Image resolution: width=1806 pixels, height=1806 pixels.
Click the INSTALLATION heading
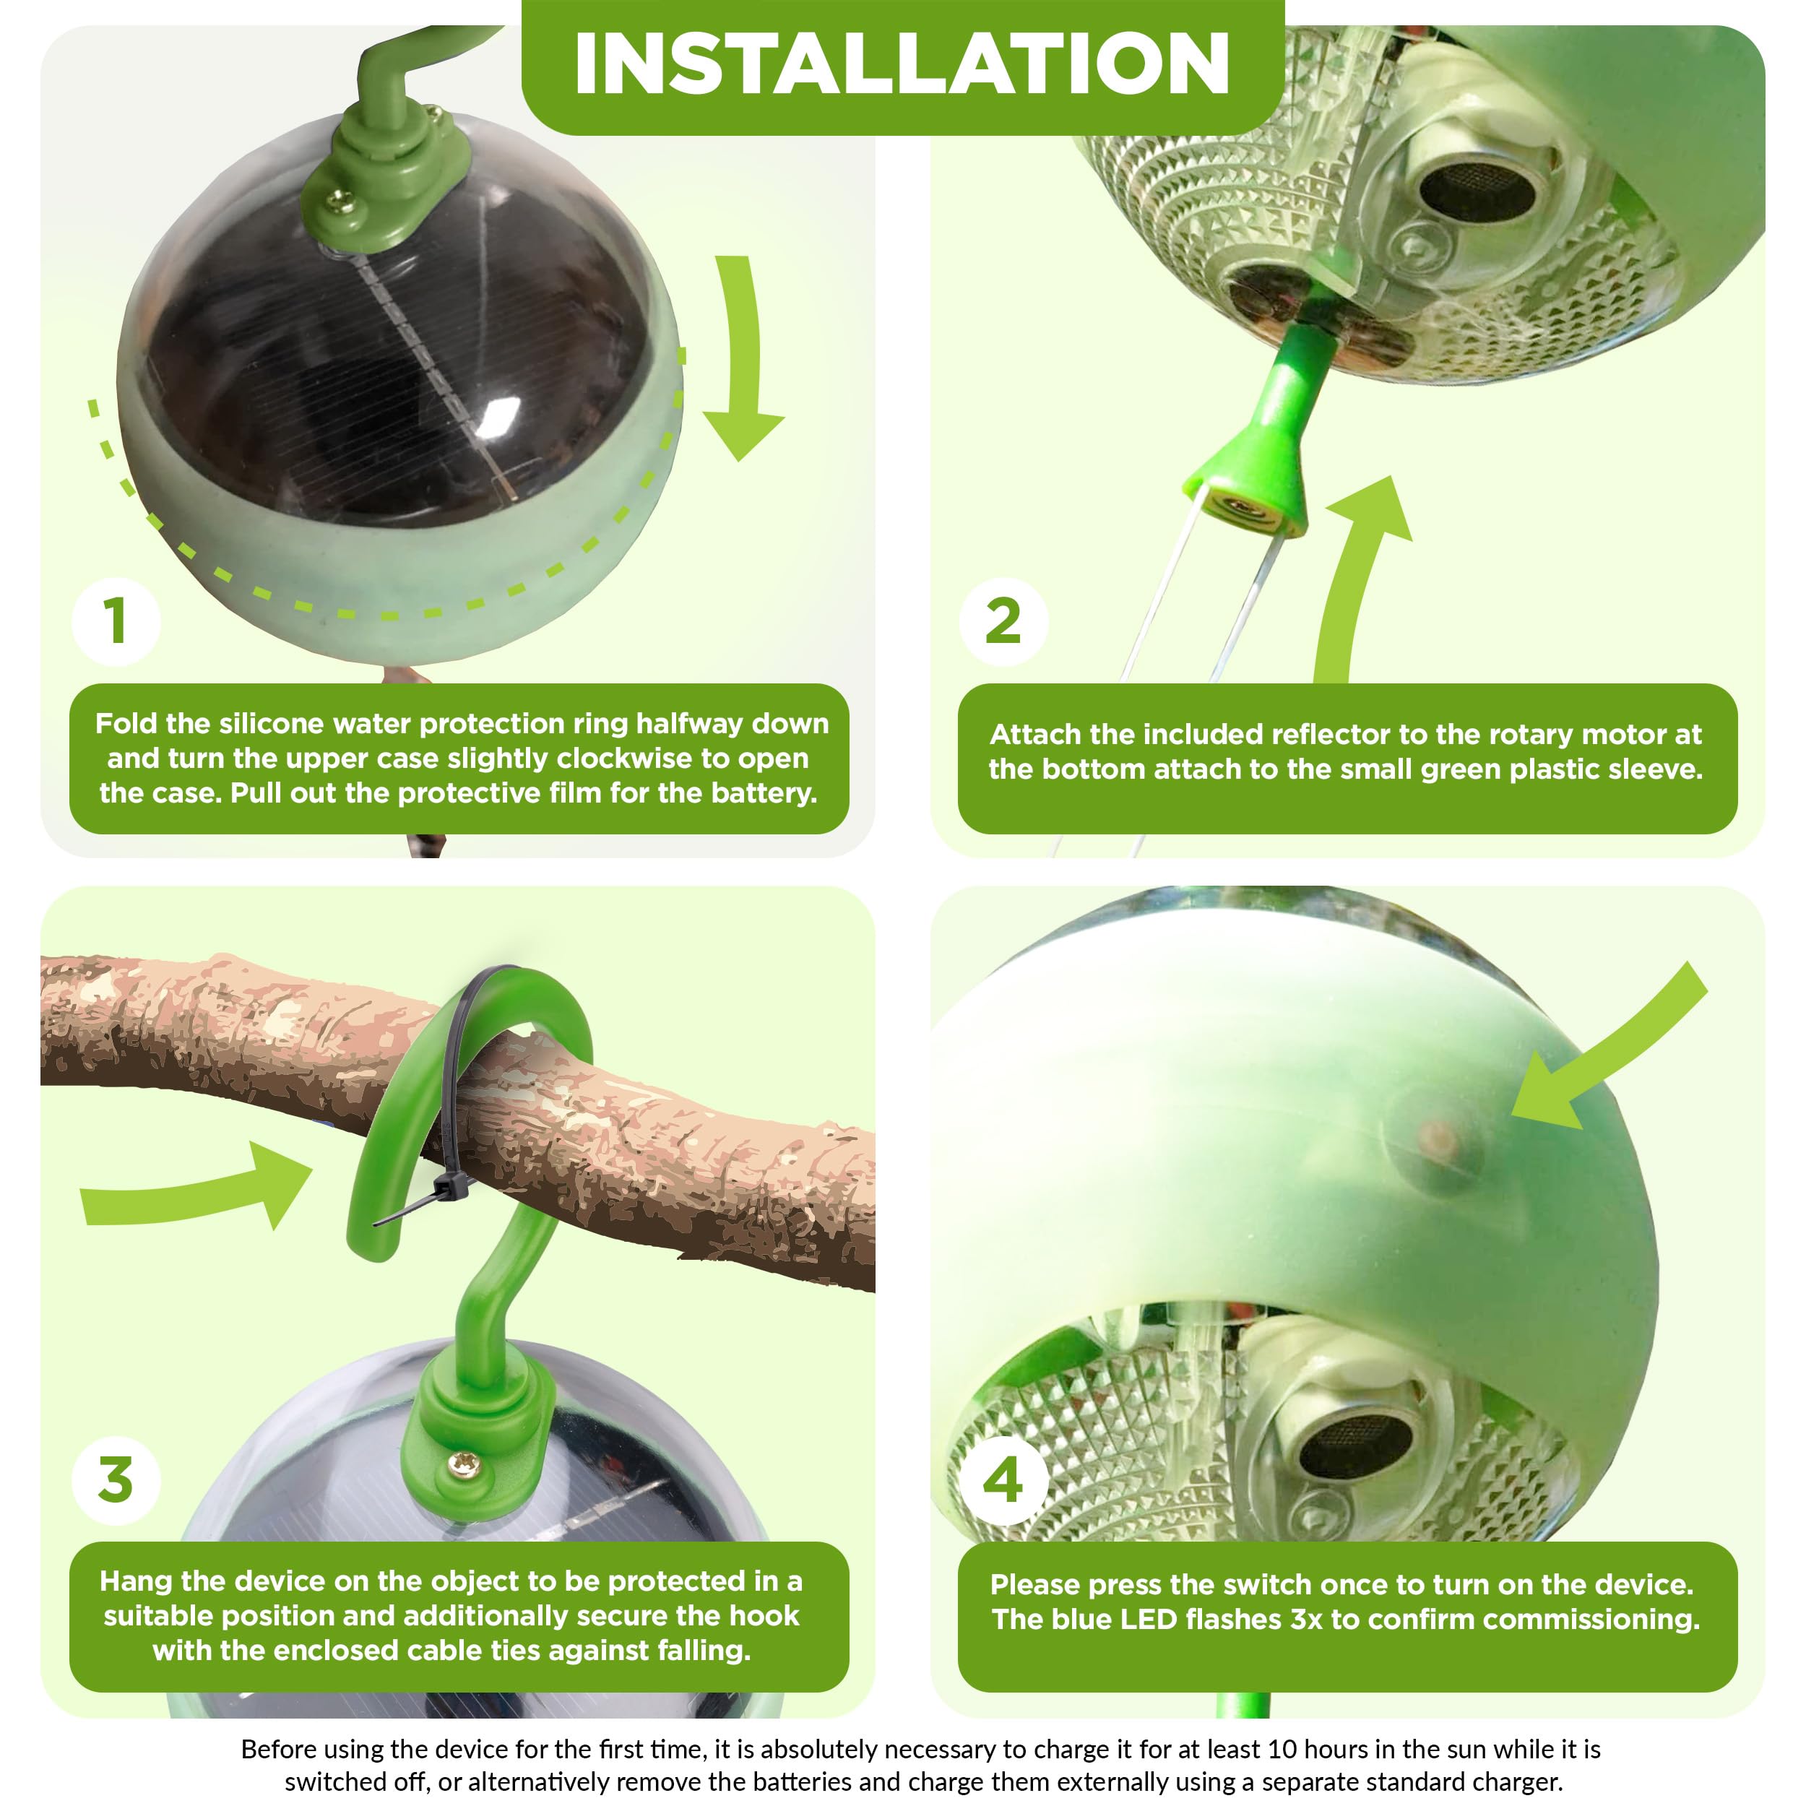point(902,64)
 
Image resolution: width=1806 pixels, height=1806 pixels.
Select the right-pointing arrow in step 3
point(196,1185)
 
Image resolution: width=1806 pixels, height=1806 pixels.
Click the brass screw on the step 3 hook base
point(461,1465)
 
